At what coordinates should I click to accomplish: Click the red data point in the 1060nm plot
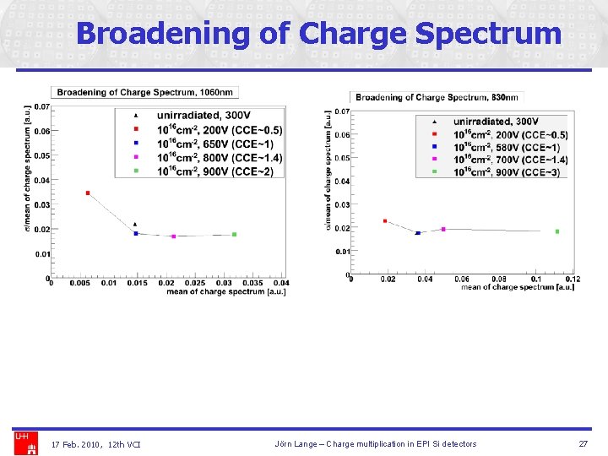(88, 193)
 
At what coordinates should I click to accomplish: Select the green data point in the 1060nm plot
(234, 235)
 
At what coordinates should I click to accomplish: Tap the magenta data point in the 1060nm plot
(174, 236)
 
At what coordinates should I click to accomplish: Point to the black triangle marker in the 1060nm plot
(135, 225)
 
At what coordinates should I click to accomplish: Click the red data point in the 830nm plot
(385, 221)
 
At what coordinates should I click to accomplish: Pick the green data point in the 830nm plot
(557, 231)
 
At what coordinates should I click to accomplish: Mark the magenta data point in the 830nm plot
(443, 229)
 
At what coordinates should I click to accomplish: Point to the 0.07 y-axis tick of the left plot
(41, 107)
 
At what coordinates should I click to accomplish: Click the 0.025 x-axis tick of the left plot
(194, 284)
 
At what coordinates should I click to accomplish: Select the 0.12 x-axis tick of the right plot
(573, 280)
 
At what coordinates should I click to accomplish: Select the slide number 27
(583, 444)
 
